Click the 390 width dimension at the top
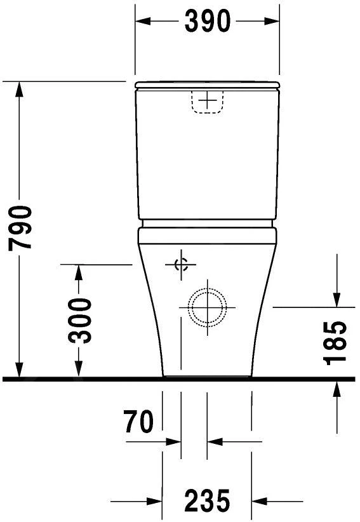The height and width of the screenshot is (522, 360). pos(207,21)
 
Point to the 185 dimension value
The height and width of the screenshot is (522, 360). pos(336,344)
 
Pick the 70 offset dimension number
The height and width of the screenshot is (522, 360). pos(139,423)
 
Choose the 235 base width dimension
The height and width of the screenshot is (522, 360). pos(207,502)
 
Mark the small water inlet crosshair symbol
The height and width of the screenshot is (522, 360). pos(181,265)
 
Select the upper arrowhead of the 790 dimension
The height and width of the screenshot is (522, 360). pos(20,88)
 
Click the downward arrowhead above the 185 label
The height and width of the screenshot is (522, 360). pos(336,299)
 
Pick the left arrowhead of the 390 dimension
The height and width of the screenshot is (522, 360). pos(143,21)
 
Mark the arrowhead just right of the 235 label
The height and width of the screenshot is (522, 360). pos(258,501)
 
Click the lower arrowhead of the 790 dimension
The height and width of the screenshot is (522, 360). pos(20,370)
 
